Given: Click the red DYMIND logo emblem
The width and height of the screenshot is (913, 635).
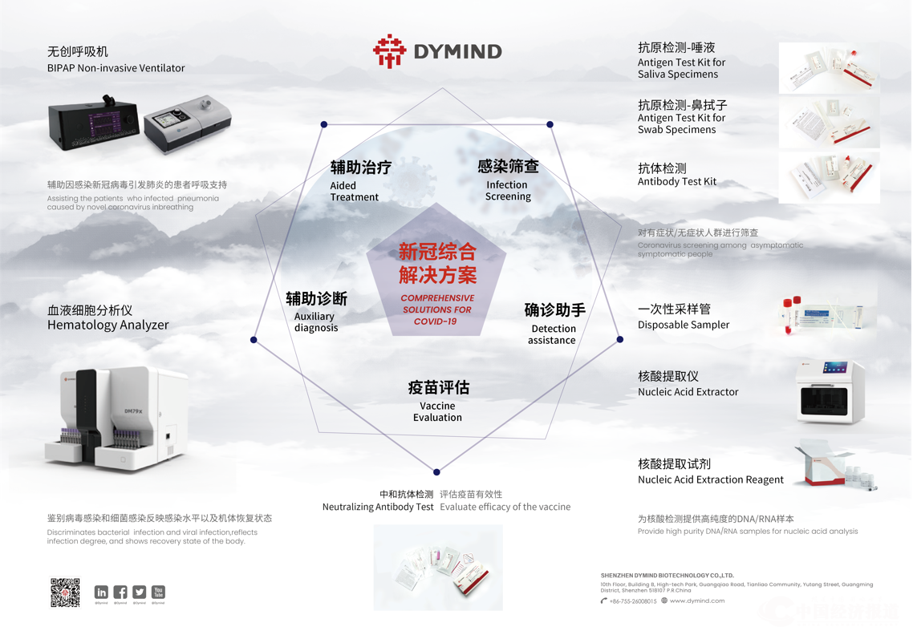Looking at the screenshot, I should (389, 51).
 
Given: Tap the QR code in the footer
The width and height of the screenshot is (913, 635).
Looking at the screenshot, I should (65, 593).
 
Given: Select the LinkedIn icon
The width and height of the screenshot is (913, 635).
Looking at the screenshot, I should (101, 593).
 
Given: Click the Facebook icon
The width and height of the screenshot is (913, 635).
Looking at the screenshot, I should (120, 593).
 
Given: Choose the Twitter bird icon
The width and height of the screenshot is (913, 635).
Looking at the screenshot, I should (140, 593).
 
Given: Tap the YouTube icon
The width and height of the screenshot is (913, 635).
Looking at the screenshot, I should (158, 592).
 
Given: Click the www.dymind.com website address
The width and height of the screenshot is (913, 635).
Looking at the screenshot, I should (696, 601).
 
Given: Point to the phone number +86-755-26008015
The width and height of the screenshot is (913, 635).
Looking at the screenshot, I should (633, 601).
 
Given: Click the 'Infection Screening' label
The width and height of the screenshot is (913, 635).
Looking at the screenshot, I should (508, 190).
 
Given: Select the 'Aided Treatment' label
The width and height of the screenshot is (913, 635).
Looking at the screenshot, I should (354, 191).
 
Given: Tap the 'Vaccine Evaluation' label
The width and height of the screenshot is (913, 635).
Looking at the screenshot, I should (437, 411).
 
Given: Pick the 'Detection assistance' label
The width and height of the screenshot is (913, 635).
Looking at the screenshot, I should (552, 334).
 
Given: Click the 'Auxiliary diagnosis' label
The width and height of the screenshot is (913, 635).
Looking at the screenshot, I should (315, 322).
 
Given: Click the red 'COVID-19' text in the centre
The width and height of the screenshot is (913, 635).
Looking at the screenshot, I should (435, 322).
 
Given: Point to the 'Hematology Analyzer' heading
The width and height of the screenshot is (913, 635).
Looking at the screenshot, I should (108, 325).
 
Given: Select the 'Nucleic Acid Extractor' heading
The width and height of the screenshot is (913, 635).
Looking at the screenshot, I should (688, 392).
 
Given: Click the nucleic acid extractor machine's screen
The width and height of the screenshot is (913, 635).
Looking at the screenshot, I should (834, 368).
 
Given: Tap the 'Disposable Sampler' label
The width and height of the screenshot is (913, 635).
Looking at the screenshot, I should (683, 325).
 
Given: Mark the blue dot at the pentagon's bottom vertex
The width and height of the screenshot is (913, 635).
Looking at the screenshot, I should (436, 472).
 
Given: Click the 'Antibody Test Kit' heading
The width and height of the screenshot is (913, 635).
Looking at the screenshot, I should (676, 181).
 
